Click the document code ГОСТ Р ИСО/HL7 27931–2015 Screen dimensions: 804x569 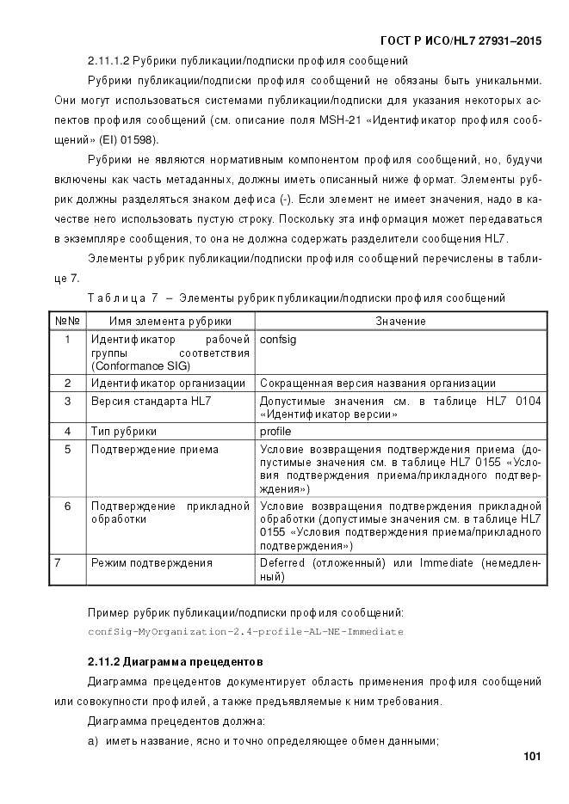point(460,40)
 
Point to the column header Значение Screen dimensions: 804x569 point(399,321)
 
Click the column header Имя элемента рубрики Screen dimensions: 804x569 point(170,321)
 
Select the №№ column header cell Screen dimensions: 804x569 point(67,321)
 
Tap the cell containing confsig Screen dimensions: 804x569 point(277,340)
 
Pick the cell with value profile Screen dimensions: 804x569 point(275,431)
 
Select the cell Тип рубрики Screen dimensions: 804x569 point(124,431)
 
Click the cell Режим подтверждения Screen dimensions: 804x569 point(152,563)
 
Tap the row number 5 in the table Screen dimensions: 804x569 point(67,449)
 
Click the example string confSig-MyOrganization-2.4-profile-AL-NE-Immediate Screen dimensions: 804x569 point(245,631)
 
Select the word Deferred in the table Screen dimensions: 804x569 point(282,563)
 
